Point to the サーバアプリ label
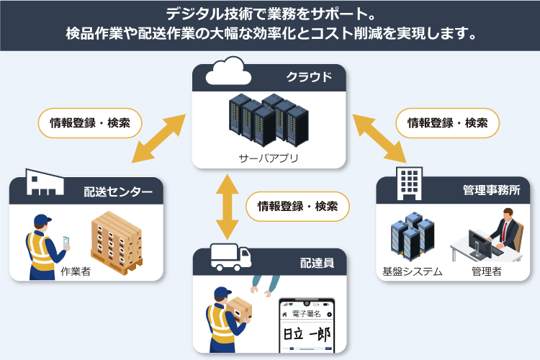click(x=269, y=158)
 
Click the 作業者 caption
click(x=76, y=271)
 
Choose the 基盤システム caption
click(x=413, y=272)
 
